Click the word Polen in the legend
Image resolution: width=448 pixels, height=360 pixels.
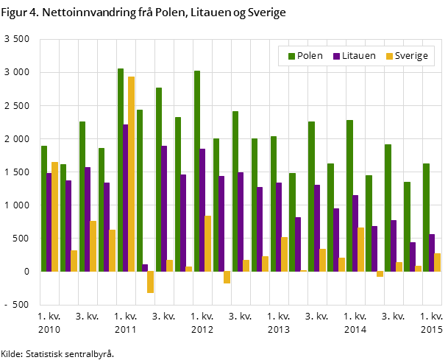[x=310, y=56]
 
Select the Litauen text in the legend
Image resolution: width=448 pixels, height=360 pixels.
[x=358, y=56]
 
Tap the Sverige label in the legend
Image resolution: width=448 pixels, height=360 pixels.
[x=411, y=56]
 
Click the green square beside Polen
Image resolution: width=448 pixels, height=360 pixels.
[x=291, y=56]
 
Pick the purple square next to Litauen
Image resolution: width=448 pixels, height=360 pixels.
[x=336, y=56]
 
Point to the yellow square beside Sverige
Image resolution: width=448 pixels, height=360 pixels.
[x=389, y=56]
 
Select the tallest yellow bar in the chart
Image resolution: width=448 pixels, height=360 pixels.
[x=131, y=174]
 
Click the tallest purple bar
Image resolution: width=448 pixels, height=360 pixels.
[x=126, y=197]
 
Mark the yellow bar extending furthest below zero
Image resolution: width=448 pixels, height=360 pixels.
[x=150, y=282]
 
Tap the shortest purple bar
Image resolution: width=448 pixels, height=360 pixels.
[x=145, y=268]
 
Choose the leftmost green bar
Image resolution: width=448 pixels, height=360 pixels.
[x=44, y=208]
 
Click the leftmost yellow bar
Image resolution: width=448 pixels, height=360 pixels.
[x=54, y=216]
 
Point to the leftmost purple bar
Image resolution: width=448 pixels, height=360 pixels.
[x=49, y=222]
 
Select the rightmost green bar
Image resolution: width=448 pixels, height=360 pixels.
[x=426, y=217]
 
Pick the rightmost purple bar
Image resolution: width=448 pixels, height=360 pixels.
[x=432, y=253]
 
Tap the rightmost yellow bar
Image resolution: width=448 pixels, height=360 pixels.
[x=437, y=262]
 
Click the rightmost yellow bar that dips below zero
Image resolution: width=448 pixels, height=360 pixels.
[x=380, y=274]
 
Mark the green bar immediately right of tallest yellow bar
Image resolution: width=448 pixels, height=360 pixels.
[x=140, y=190]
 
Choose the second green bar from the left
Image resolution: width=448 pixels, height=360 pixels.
[x=63, y=217]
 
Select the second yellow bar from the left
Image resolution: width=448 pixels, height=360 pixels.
[x=74, y=261]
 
